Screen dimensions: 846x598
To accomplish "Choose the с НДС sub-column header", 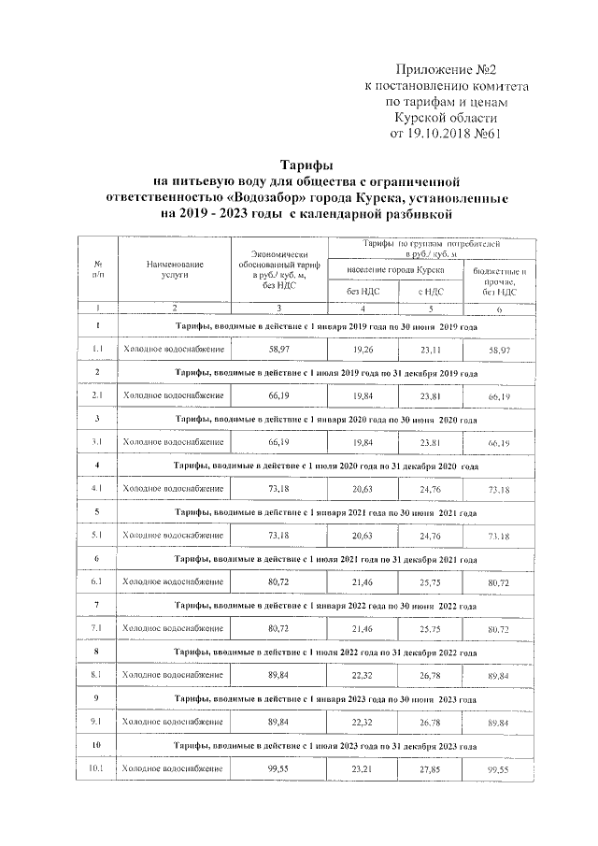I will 430,292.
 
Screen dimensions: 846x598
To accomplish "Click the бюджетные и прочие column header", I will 500,281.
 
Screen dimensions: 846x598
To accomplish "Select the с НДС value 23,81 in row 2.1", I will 430,394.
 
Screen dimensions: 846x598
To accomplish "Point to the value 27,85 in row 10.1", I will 430,768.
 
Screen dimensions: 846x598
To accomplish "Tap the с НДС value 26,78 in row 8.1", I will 430,675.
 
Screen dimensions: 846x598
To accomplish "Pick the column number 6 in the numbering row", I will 500,308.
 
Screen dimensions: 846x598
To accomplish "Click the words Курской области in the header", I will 442,117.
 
